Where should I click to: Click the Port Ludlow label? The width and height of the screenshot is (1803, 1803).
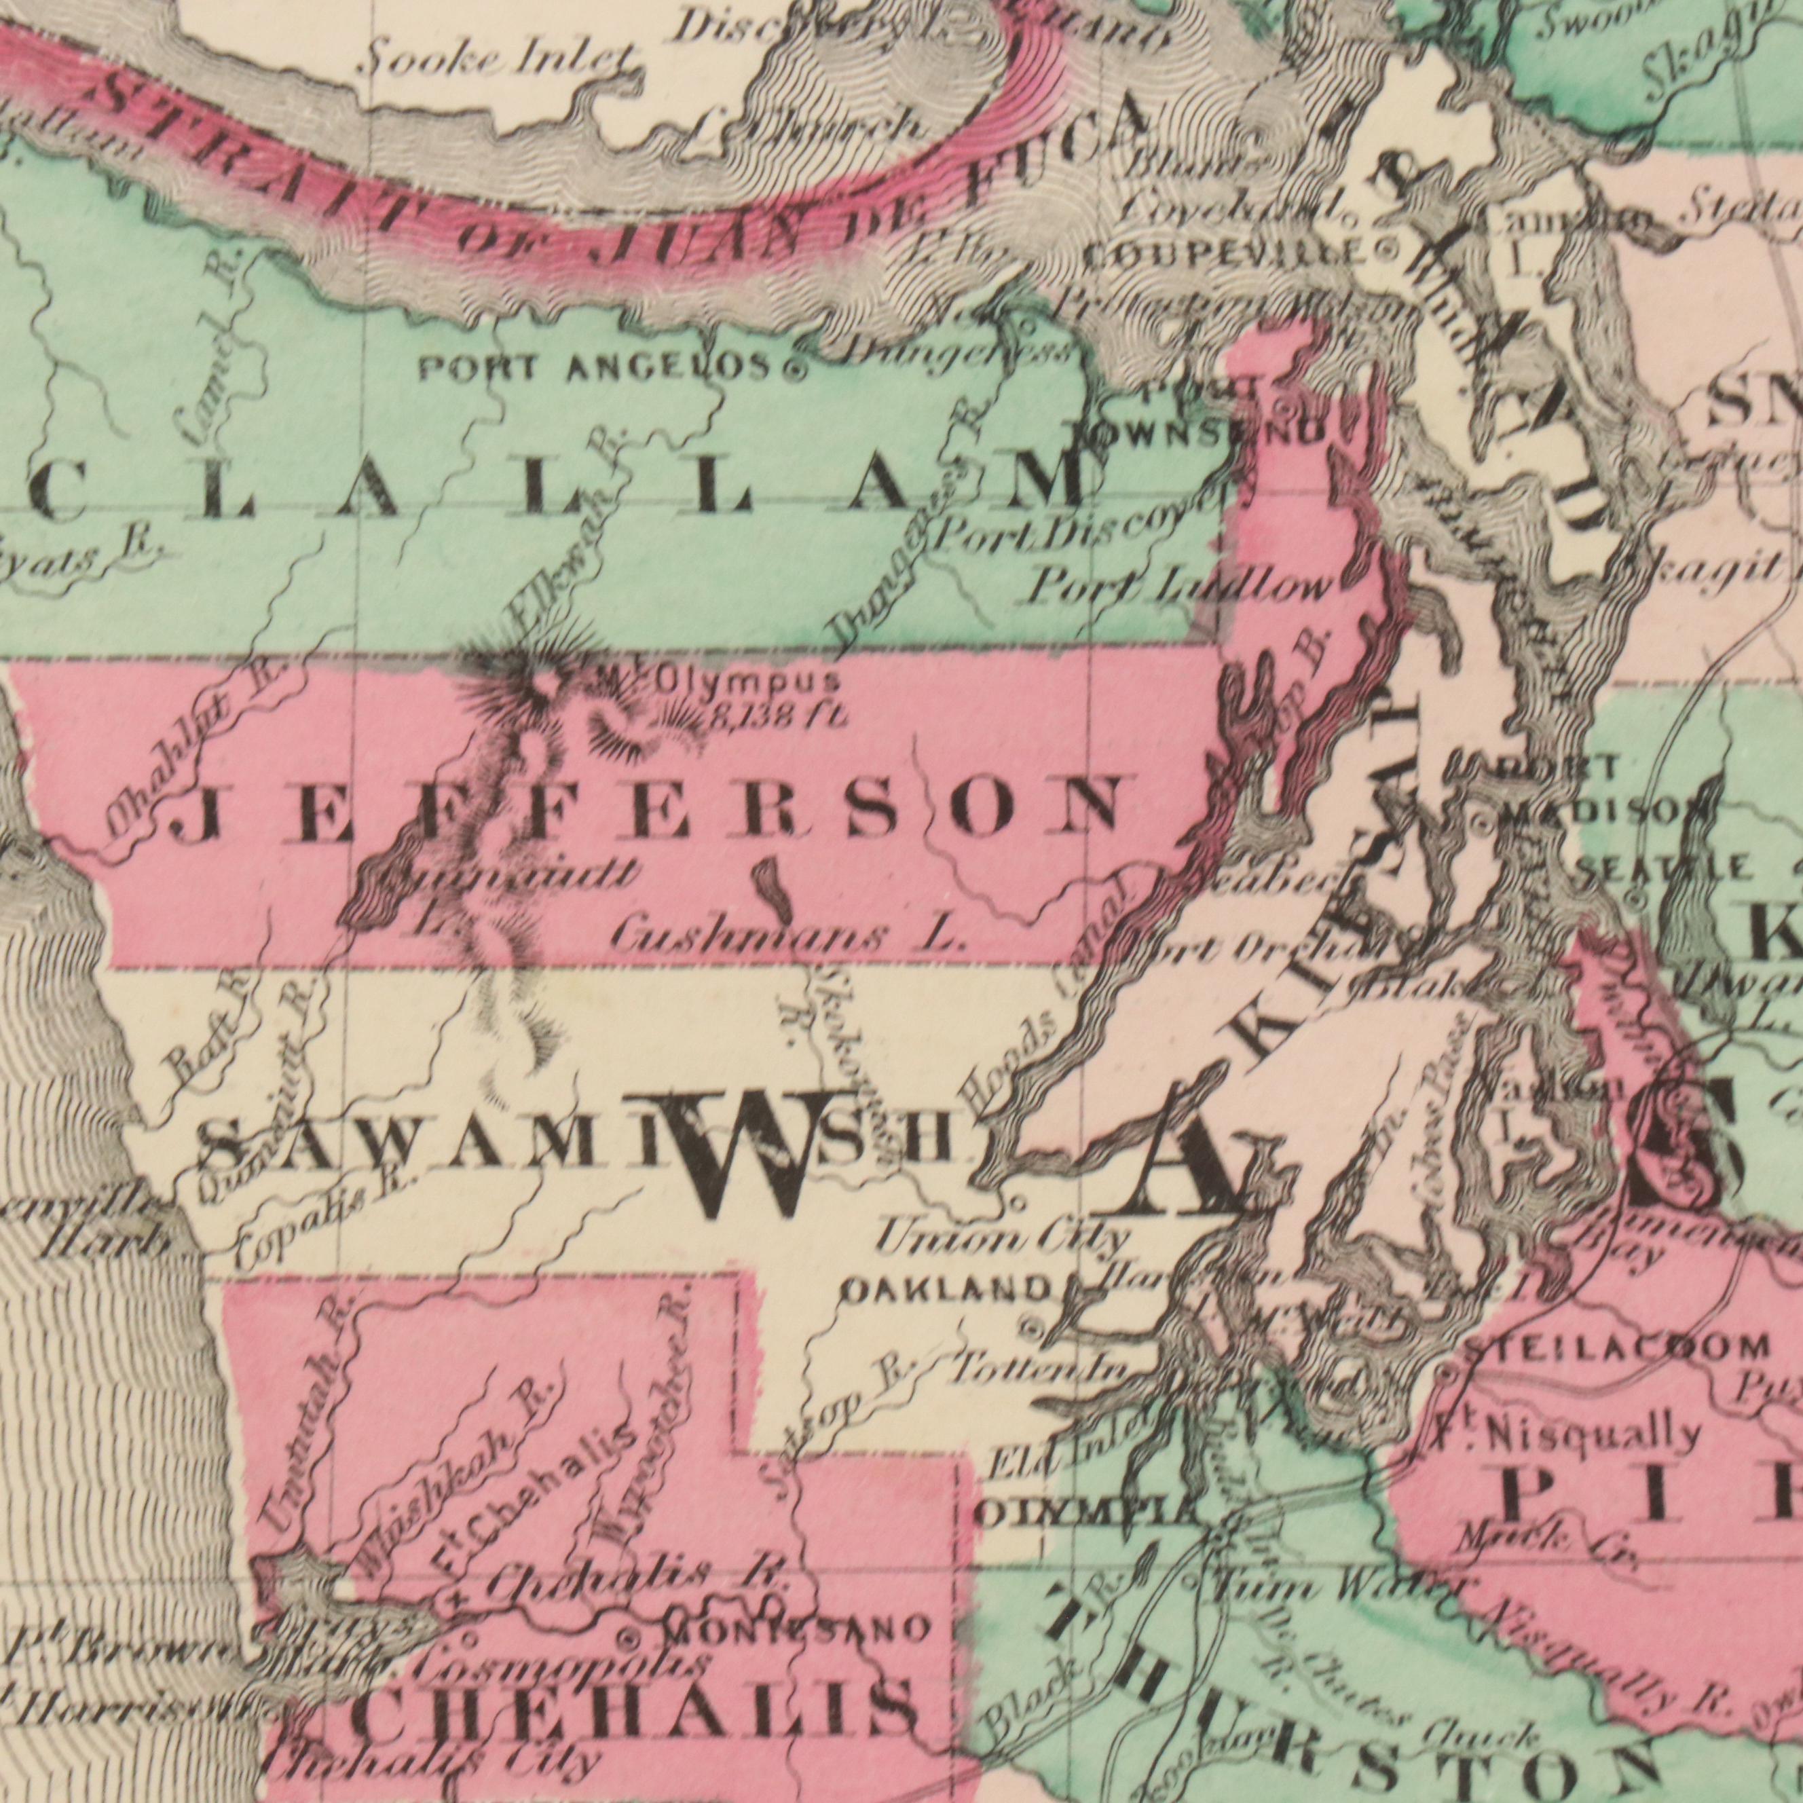click(1181, 588)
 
